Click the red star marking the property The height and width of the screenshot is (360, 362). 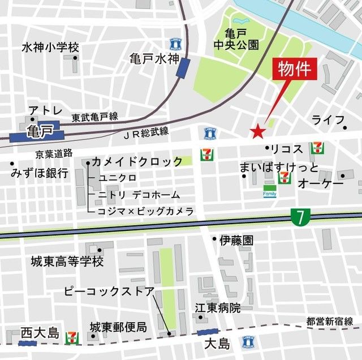pos(258,132)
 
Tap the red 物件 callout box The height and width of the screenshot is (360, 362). pos(295,70)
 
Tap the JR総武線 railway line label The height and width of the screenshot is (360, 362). pos(145,132)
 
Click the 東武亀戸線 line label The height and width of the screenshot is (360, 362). pos(94,117)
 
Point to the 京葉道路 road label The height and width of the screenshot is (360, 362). pos(54,153)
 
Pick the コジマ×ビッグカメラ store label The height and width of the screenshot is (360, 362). pos(146,211)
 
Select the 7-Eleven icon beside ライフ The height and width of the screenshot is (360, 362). pos(317,148)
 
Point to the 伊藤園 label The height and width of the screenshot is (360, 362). pos(236,240)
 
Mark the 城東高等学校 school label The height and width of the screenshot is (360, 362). pos(67,262)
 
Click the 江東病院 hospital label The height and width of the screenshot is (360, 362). pos(218,308)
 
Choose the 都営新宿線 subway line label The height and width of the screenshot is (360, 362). pos(331,321)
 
